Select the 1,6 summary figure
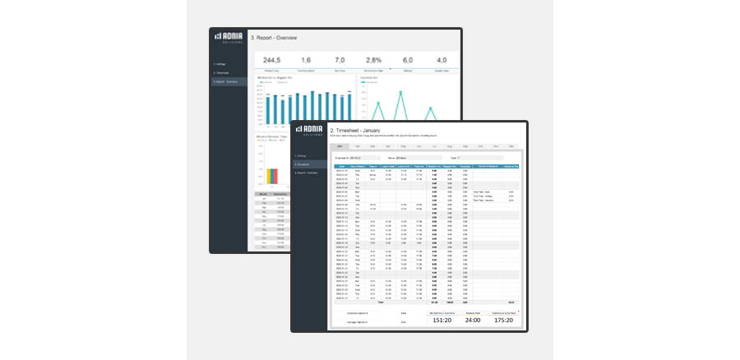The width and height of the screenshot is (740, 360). pyautogui.click(x=306, y=60)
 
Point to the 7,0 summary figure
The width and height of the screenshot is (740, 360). pyautogui.click(x=340, y=60)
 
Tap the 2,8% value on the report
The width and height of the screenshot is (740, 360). pyautogui.click(x=374, y=60)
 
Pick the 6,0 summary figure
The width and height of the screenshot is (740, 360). pyautogui.click(x=408, y=60)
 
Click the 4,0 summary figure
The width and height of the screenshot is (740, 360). pyautogui.click(x=442, y=60)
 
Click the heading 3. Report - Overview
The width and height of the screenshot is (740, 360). pyautogui.click(x=262, y=38)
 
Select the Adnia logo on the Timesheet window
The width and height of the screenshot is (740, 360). pyautogui.click(x=310, y=131)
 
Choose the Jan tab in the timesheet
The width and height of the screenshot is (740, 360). pyautogui.click(x=340, y=145)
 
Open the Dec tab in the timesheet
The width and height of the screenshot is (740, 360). pyautogui.click(x=511, y=145)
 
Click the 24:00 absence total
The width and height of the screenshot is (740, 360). pyautogui.click(x=474, y=321)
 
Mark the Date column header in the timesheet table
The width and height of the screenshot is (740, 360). pyautogui.click(x=342, y=166)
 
